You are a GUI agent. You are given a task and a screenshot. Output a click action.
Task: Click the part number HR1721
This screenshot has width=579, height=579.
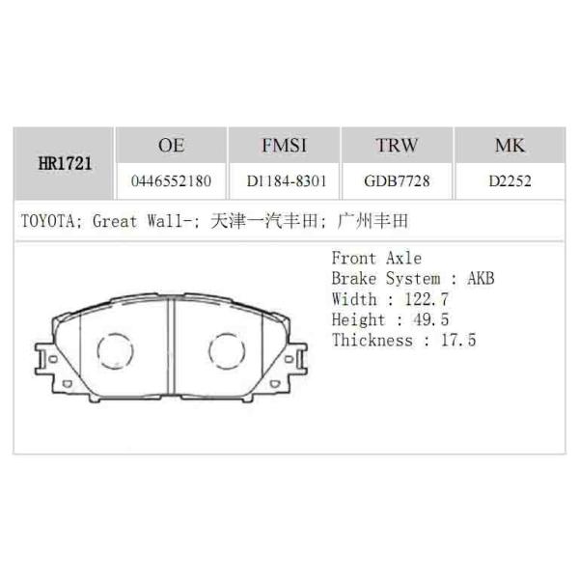(x=66, y=163)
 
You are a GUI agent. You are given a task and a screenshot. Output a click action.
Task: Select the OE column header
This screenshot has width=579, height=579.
(x=171, y=146)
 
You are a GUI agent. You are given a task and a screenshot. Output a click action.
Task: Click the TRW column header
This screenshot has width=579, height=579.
(x=397, y=146)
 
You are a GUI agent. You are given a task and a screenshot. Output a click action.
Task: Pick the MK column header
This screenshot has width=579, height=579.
(x=510, y=146)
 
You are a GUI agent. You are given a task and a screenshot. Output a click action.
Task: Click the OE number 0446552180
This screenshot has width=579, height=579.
(x=171, y=180)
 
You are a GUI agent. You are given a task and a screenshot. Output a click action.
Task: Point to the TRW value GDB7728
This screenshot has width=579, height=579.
(x=397, y=180)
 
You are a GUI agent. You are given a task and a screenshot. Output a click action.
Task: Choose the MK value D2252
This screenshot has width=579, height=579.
(x=510, y=180)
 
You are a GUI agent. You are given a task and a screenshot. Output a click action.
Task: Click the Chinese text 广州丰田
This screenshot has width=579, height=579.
(x=374, y=221)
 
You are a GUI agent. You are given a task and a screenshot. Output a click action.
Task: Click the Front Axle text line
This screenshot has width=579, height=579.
(x=376, y=258)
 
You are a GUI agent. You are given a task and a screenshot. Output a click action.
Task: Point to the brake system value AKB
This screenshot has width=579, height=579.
(x=481, y=278)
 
